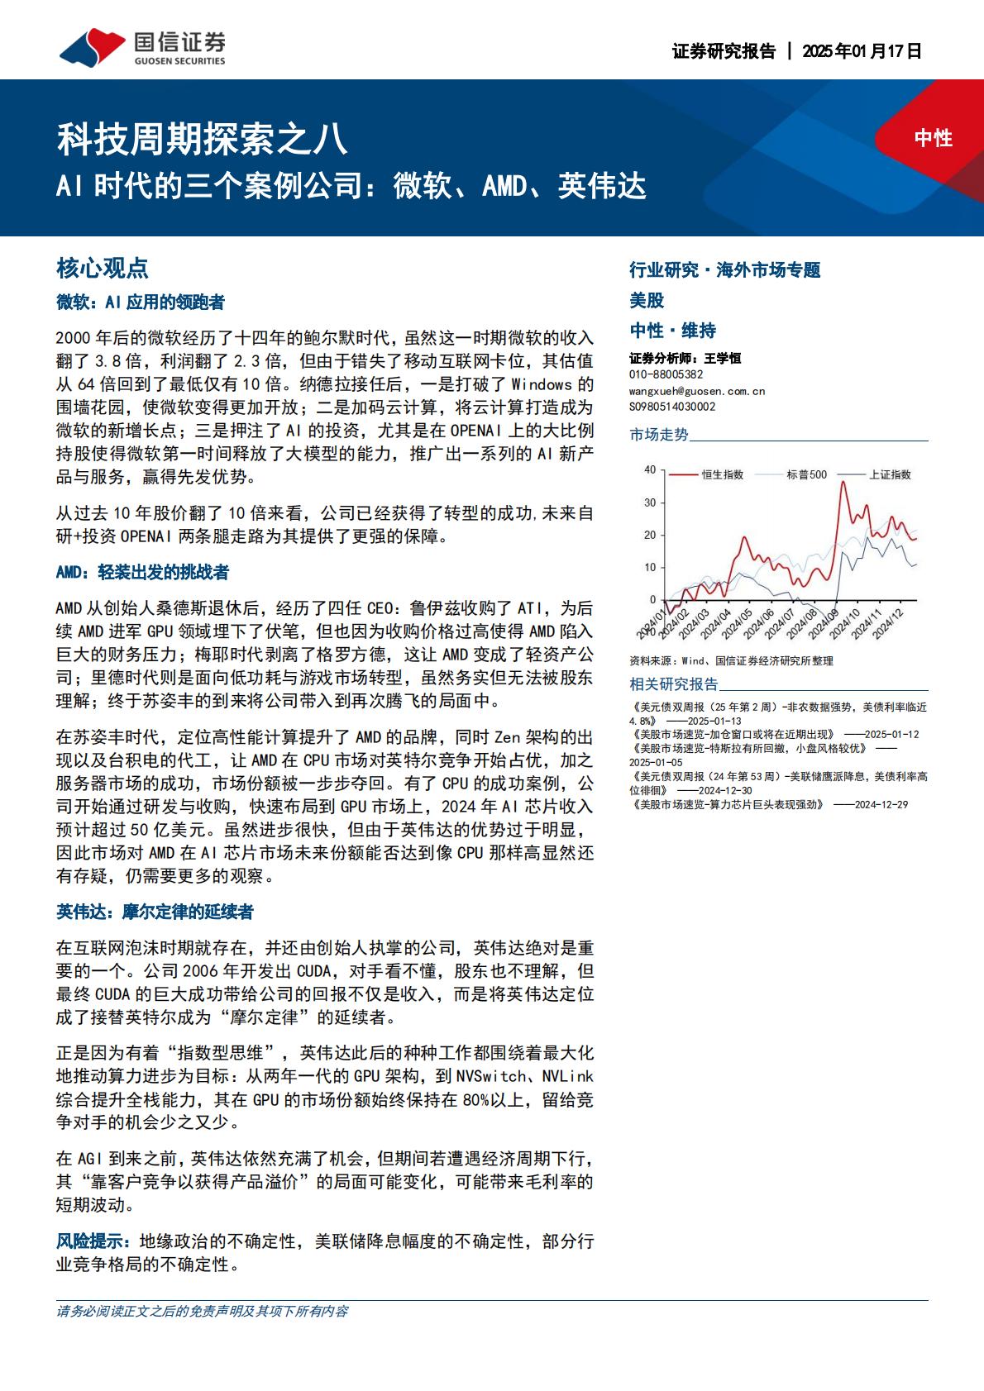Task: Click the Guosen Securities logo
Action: pos(141,47)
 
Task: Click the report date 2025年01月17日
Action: pos(862,51)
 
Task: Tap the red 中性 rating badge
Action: pos(933,138)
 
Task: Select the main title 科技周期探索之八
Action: pos(202,138)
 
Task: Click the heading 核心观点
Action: pos(102,268)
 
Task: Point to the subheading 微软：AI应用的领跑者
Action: pos(140,302)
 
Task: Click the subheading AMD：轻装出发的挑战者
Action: pos(142,572)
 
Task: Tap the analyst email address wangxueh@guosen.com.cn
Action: pos(696,391)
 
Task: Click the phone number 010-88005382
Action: pos(666,374)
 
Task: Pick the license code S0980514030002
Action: pos(671,407)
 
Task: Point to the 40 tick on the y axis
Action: pos(650,469)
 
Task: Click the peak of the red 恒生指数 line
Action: pos(843,482)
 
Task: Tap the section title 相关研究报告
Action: pos(674,684)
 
